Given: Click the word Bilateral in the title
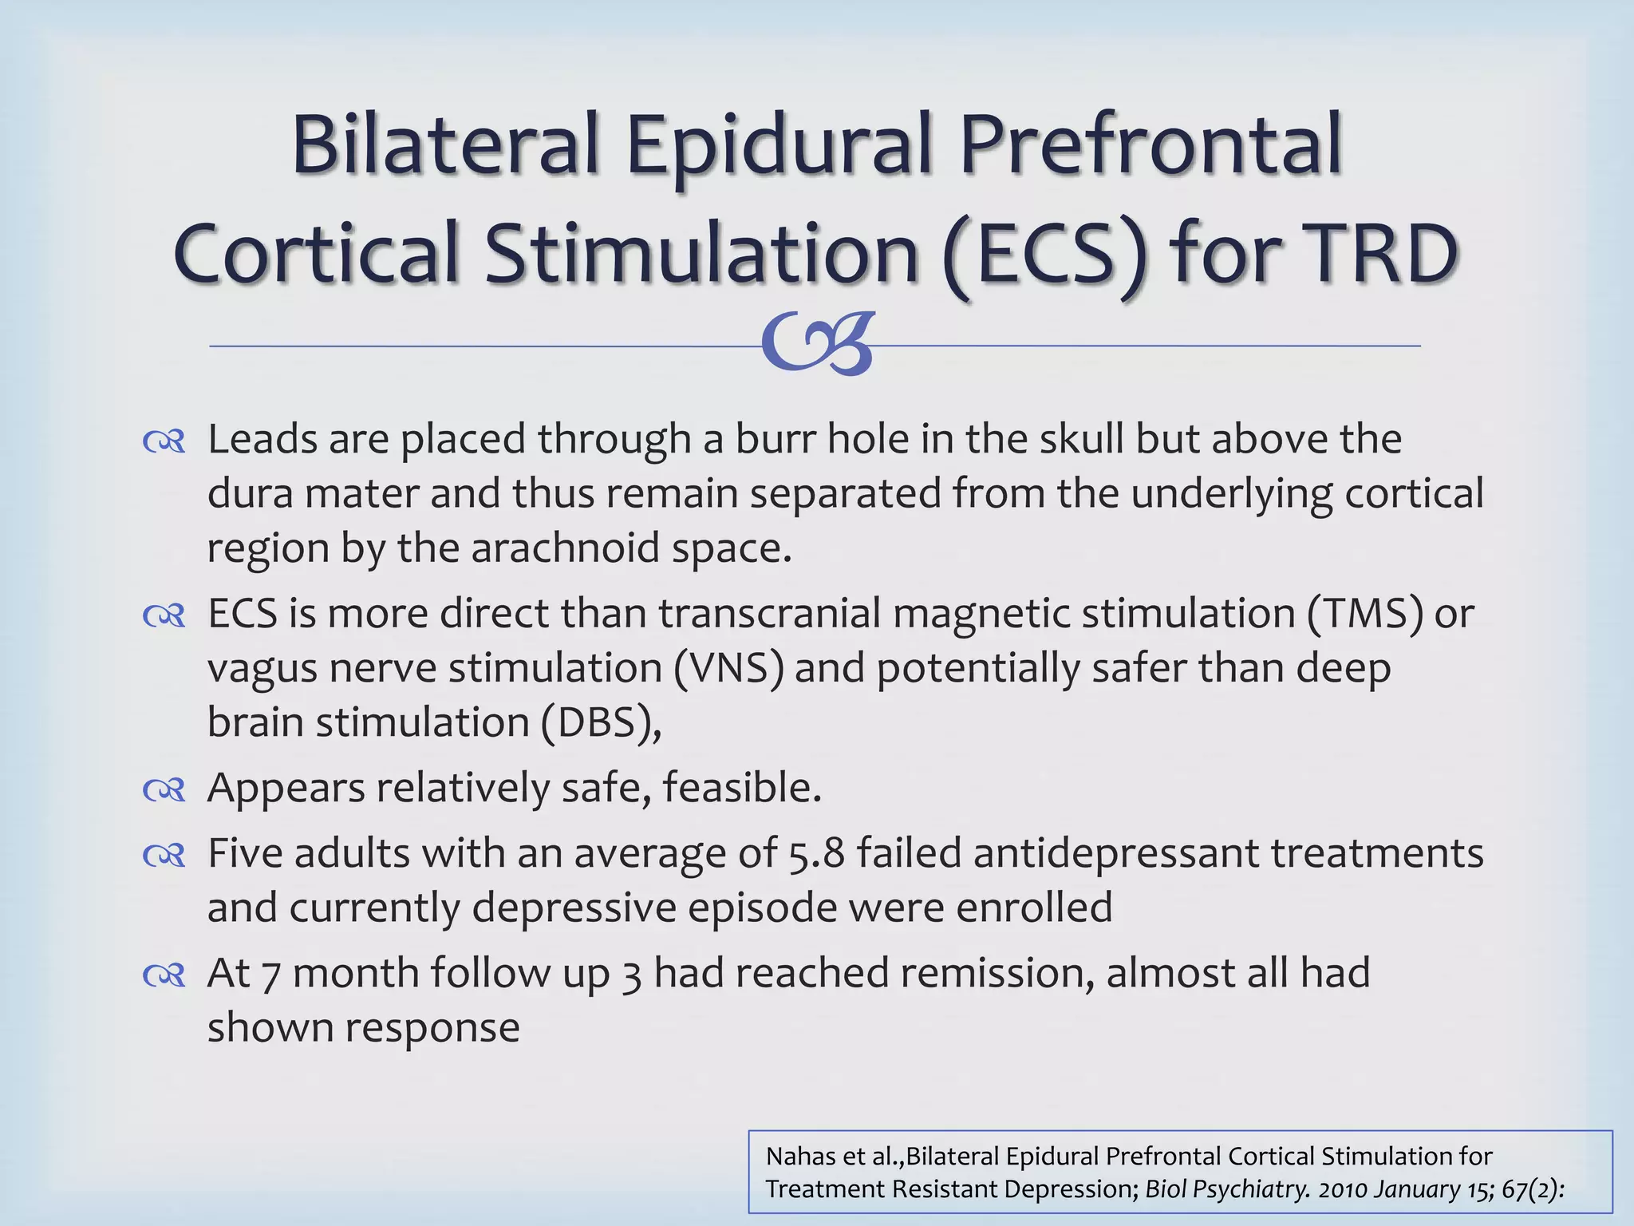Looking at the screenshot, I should pos(444,145).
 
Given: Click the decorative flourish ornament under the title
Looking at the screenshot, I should pos(819,344).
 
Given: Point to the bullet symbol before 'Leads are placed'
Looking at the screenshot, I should pos(164,441).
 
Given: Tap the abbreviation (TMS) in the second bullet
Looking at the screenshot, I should pos(1364,613).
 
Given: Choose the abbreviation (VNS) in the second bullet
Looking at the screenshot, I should pos(728,667).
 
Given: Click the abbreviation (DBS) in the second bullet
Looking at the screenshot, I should pos(600,722).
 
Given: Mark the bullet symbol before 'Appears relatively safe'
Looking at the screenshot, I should pos(164,790).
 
